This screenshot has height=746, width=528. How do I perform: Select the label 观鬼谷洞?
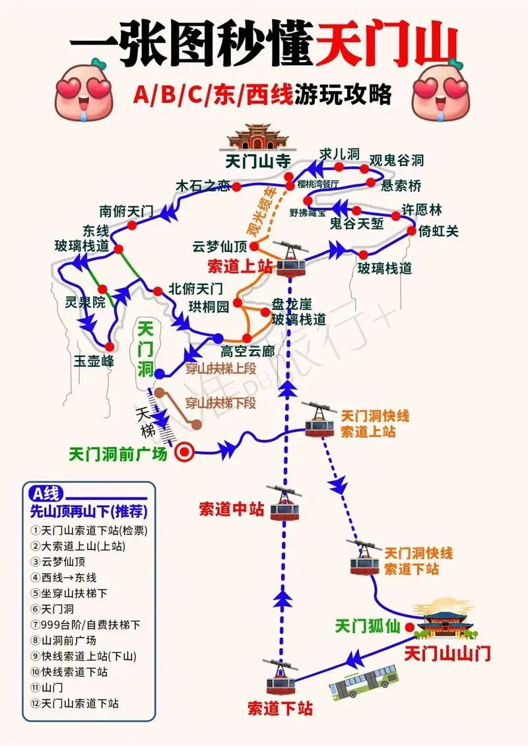click(396, 160)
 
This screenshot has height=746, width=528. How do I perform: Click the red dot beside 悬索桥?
click(371, 181)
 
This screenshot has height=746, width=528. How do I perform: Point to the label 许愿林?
click(422, 210)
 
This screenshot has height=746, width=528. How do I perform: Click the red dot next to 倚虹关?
click(412, 231)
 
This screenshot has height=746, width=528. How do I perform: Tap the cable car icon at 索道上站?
click(291, 259)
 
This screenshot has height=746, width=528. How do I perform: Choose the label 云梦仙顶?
click(220, 247)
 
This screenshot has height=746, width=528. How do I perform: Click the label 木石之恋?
click(203, 186)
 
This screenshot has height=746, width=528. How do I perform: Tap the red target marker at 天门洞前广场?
click(185, 452)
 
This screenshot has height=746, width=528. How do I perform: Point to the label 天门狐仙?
click(367, 626)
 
